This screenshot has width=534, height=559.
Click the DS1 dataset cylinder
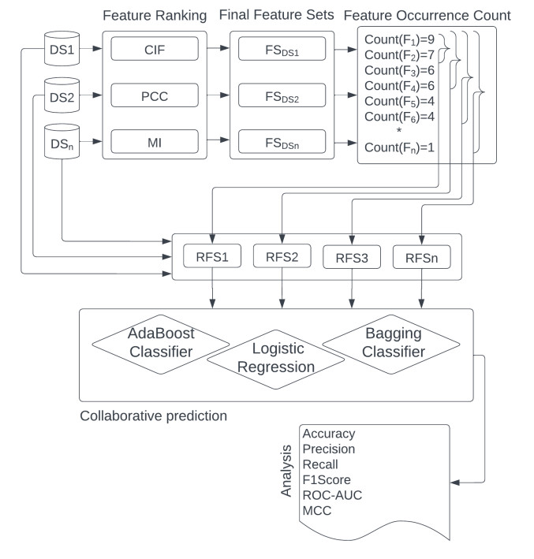[61, 49]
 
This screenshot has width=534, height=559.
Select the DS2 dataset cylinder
[61, 95]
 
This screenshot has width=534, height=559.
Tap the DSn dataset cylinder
[61, 141]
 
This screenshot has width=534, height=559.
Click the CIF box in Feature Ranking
[154, 49]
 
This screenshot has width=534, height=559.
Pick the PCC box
[154, 95]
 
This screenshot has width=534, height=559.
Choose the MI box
[154, 141]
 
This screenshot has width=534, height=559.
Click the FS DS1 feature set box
[281, 49]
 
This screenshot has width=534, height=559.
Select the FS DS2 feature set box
[281, 95]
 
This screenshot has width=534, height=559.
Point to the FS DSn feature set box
[281, 141]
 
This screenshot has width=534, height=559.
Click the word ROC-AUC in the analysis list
[331, 494]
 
